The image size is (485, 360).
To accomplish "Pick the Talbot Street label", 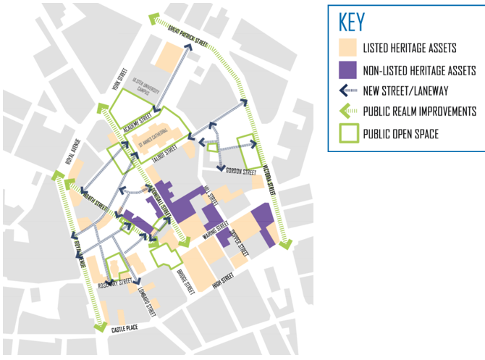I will pos(164,151).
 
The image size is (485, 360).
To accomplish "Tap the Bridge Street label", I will pos(186,281).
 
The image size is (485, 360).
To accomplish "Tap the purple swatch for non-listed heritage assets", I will pos(349,70).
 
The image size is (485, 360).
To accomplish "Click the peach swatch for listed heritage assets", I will pos(349,49).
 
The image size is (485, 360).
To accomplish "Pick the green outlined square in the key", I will pos(349,133).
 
